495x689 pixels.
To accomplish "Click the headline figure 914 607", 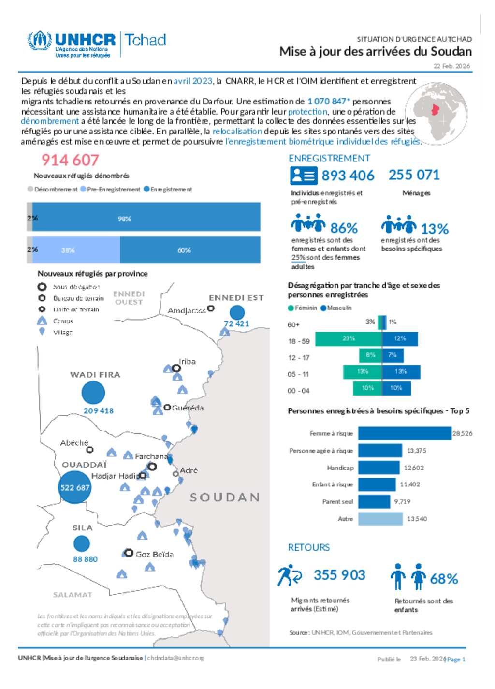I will [x=70, y=160].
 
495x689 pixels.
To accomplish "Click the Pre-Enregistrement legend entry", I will [x=111, y=190].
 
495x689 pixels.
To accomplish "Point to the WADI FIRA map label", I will [x=95, y=375].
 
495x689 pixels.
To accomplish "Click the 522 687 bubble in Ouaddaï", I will [x=75, y=487].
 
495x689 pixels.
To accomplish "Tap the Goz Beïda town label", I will [x=154, y=554].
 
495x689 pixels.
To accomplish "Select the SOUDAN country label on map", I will [x=225, y=497].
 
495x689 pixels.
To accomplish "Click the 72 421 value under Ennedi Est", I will [x=236, y=323].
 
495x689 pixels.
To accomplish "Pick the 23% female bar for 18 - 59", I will [x=349, y=339].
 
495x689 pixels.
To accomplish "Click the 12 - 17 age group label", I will [x=298, y=358].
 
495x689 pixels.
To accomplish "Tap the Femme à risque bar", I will [x=405, y=433].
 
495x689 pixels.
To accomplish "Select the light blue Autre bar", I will [x=380, y=519].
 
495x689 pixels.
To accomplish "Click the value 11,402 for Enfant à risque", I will [x=410, y=484].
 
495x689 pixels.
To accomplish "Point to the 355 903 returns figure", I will [x=339, y=575].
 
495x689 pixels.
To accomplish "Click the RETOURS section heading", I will [x=308, y=547].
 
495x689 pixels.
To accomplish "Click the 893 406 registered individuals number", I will [x=348, y=176].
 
